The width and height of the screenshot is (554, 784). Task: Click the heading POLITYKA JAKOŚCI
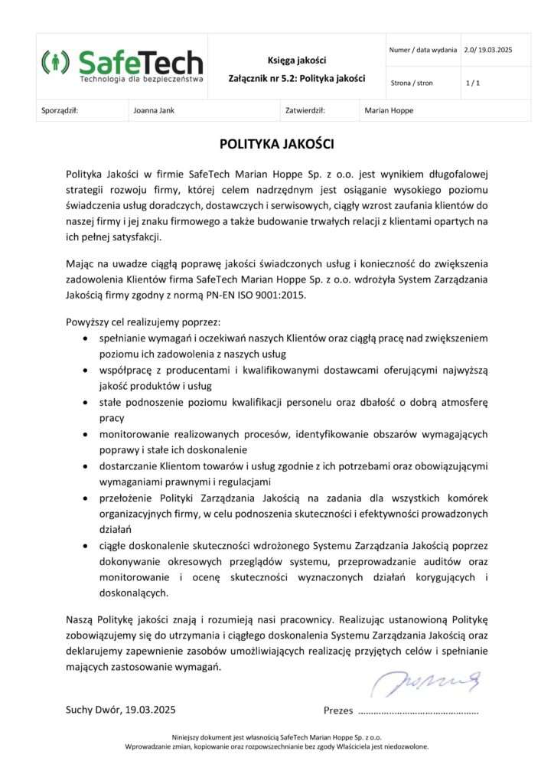click(x=277, y=143)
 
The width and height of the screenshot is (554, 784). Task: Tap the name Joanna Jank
click(x=154, y=110)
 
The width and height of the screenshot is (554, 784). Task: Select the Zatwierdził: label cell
click(x=305, y=110)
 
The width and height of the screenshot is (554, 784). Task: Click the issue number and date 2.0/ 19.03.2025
click(x=487, y=50)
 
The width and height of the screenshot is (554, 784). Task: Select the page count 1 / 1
click(x=472, y=83)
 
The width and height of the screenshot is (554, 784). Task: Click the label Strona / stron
click(x=412, y=83)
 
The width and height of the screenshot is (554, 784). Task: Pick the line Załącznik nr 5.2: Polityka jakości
click(x=296, y=78)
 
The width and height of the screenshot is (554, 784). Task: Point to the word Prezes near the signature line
click(x=338, y=710)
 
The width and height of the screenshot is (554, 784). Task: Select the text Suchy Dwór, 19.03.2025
click(x=121, y=710)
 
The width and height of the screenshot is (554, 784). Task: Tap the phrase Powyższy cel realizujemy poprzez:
click(x=143, y=322)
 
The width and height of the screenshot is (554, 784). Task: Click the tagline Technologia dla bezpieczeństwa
click(x=142, y=79)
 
